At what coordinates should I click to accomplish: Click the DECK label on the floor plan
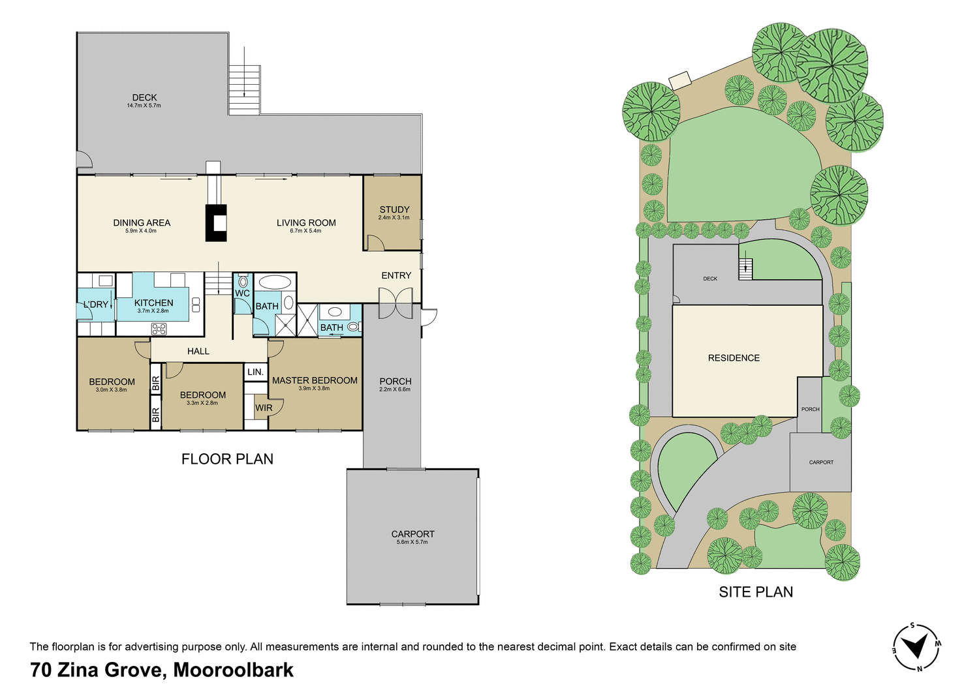point(144,97)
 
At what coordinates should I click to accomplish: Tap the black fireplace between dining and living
point(216,223)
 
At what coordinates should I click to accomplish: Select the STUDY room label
point(394,209)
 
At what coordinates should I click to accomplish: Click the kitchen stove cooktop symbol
point(159,329)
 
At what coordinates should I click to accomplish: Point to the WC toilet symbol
point(243,282)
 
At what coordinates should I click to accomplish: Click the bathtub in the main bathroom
point(275,282)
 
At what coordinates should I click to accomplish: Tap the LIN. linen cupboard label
point(255,372)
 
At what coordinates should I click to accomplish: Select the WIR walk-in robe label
point(264,408)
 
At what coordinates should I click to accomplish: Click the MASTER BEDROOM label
point(315,380)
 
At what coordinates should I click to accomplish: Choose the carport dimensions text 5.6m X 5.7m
point(412,542)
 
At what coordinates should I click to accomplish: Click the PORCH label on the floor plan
point(395,381)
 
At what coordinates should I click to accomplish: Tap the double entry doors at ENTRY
point(396,305)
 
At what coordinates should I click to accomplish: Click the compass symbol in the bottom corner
point(916,646)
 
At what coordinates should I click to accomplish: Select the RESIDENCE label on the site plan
point(734,357)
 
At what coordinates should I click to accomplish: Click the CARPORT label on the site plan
point(821,462)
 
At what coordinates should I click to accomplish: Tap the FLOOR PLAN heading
point(227,459)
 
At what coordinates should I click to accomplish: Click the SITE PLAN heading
point(756,592)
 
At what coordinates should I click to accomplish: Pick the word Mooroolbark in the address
point(234,670)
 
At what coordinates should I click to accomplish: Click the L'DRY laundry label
point(96,305)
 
